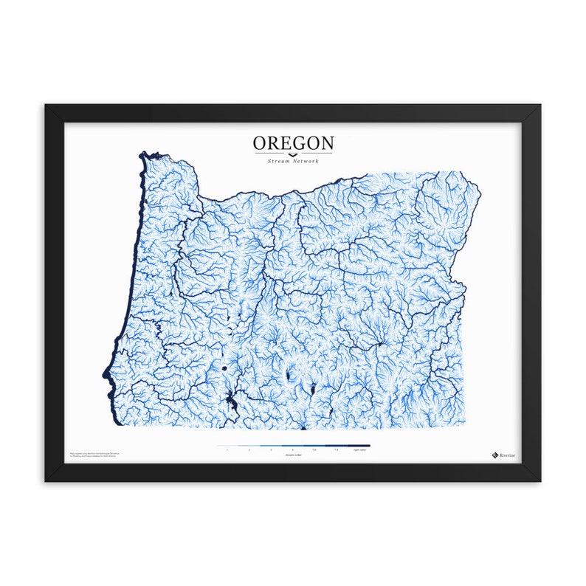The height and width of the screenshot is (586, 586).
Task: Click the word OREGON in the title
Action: click(x=293, y=142)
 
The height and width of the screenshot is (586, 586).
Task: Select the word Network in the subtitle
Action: click(x=308, y=160)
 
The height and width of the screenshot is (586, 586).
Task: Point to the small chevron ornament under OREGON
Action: click(x=293, y=154)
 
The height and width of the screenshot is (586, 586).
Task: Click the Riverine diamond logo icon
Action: click(x=494, y=455)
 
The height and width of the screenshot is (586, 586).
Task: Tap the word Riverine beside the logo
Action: click(x=507, y=455)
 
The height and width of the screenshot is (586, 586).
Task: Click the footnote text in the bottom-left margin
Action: click(x=92, y=455)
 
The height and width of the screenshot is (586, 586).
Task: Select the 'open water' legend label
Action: click(x=360, y=449)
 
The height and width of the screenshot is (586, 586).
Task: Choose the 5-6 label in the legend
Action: click(x=314, y=449)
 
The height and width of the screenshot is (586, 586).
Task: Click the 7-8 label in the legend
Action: click(x=337, y=449)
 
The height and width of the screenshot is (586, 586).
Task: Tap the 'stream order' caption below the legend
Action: click(x=293, y=455)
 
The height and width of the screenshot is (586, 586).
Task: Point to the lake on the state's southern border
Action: click(x=303, y=426)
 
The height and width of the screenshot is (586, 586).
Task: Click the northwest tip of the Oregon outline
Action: click(x=143, y=154)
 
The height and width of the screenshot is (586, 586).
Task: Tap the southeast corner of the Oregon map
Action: click(x=464, y=427)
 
